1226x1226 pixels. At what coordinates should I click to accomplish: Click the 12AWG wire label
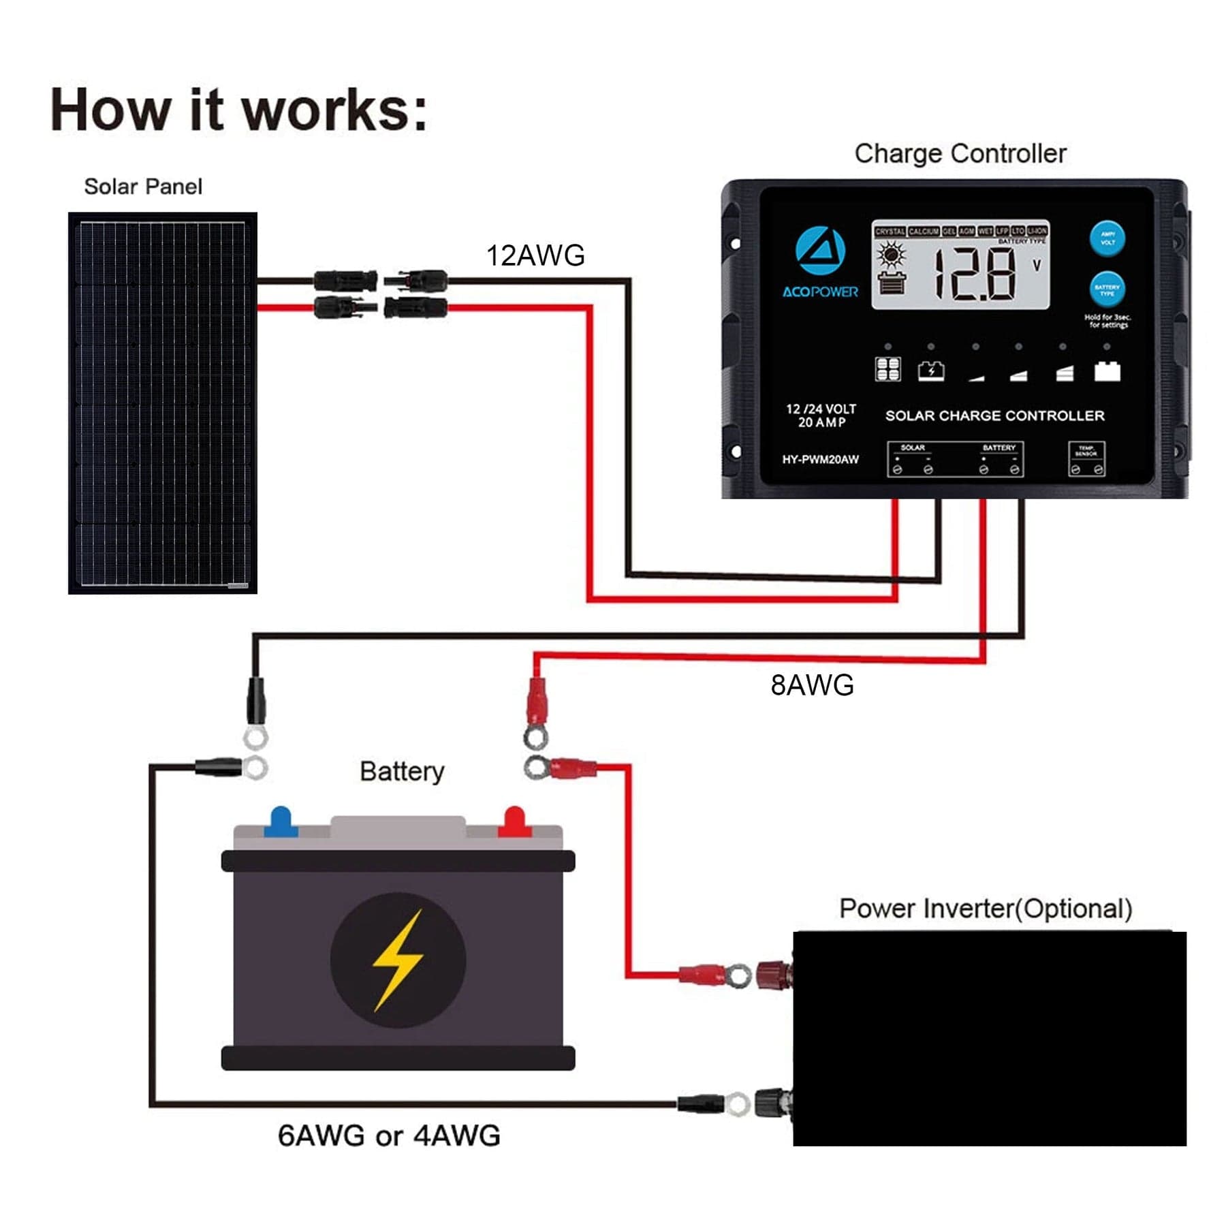[x=535, y=256]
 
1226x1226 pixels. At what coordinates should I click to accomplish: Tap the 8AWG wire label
[x=812, y=685]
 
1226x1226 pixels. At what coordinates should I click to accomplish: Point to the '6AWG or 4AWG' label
[x=389, y=1135]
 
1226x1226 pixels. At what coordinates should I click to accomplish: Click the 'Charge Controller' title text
[x=960, y=154]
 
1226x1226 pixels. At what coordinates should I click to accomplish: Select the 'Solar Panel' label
[x=143, y=187]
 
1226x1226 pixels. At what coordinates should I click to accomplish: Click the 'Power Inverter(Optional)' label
[x=985, y=909]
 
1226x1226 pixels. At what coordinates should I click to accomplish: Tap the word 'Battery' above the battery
[x=402, y=772]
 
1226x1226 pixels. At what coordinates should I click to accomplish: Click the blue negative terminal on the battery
[x=281, y=821]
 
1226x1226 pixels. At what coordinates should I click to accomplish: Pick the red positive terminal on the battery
[x=514, y=821]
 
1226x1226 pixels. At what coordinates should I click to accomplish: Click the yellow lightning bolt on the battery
[x=398, y=960]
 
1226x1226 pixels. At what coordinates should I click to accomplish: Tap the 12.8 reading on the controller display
[x=975, y=274]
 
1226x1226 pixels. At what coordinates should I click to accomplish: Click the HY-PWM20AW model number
[x=820, y=460]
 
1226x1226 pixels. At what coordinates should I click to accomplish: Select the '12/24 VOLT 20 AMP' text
[x=821, y=415]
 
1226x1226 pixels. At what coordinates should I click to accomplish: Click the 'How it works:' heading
[x=238, y=110]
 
